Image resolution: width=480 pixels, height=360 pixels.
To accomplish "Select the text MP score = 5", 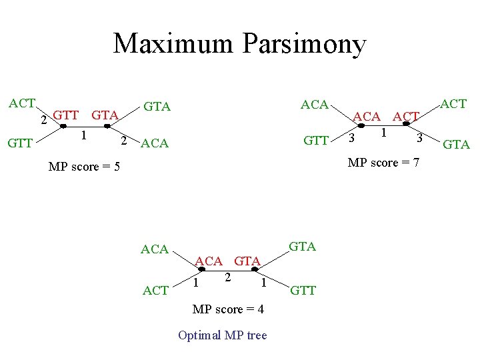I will [x=84, y=166].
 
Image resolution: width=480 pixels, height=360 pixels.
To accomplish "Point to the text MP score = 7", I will [x=383, y=162].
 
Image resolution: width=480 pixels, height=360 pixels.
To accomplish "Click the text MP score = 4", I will [x=228, y=309].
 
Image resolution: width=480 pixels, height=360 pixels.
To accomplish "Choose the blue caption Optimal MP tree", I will [x=222, y=335].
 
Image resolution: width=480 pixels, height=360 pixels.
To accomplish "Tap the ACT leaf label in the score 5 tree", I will [x=21, y=103].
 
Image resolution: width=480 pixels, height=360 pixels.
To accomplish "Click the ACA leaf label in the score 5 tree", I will [x=155, y=143].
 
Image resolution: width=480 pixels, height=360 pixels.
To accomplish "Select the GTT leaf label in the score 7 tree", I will [x=316, y=140].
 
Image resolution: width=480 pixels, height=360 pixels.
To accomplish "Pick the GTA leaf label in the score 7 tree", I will [x=457, y=144].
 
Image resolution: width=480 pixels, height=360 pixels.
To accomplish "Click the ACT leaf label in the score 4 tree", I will [x=156, y=291].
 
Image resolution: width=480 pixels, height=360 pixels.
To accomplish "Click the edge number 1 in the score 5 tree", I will [x=83, y=135].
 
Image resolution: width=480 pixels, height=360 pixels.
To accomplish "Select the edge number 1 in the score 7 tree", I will [x=383, y=133].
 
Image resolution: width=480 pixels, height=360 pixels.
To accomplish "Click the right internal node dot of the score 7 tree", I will [x=406, y=123].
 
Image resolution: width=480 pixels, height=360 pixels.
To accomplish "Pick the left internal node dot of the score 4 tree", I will [x=202, y=269].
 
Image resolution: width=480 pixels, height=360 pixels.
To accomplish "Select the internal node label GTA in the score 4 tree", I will [x=247, y=261].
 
